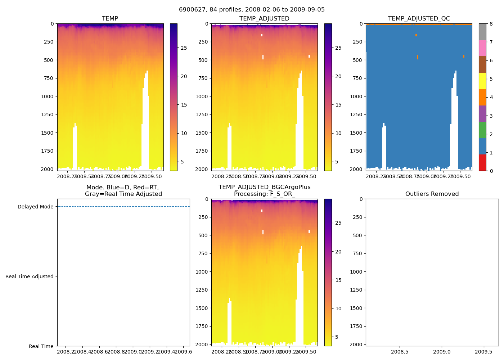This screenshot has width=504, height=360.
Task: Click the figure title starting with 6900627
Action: pyautogui.click(x=252, y=10)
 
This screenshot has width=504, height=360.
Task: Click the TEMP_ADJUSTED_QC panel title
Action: pyautogui.click(x=419, y=19)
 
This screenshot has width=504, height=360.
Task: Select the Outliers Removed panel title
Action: pyautogui.click(x=432, y=194)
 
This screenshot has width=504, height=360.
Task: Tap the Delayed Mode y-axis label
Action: pyautogui.click(x=35, y=207)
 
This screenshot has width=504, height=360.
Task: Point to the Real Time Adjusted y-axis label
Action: pyautogui.click(x=30, y=277)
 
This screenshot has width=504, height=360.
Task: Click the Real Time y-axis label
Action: pyautogui.click(x=41, y=347)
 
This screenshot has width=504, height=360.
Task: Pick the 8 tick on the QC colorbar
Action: pyautogui.click(x=491, y=24)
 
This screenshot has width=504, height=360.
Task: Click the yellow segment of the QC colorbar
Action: pyautogui.click(x=482, y=81)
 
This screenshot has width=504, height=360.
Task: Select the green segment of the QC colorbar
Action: pyautogui.click(x=482, y=130)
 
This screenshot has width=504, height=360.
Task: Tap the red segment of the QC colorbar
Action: pyautogui.click(x=482, y=162)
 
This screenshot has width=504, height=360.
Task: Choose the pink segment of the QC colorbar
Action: pyautogui.click(x=482, y=48)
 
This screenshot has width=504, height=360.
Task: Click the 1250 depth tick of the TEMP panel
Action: pyautogui.click(x=47, y=115)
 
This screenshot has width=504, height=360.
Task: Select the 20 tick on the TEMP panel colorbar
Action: pyautogui.click(x=184, y=76)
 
